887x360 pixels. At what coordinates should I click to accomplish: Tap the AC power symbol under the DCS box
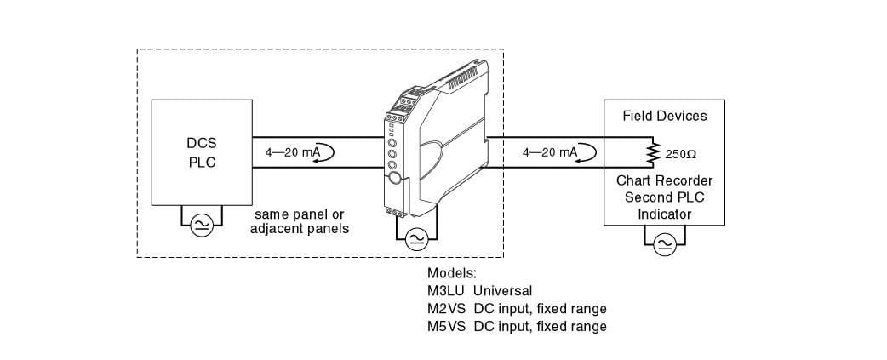tap(202, 225)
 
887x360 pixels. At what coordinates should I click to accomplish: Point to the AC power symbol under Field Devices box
tap(665, 244)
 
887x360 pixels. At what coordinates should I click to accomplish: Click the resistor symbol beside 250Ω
tap(654, 154)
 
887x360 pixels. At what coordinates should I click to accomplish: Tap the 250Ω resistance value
tap(681, 156)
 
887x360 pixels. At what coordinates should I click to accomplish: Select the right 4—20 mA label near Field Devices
tap(550, 152)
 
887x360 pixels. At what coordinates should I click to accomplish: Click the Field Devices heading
tap(664, 116)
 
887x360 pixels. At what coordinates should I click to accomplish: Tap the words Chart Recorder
tap(664, 181)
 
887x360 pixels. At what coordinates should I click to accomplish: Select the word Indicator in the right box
tap(664, 214)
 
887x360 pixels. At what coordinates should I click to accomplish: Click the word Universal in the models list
tap(502, 290)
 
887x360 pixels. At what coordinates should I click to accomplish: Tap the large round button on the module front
tap(395, 178)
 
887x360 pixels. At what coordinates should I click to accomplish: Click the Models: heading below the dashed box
tap(452, 272)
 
